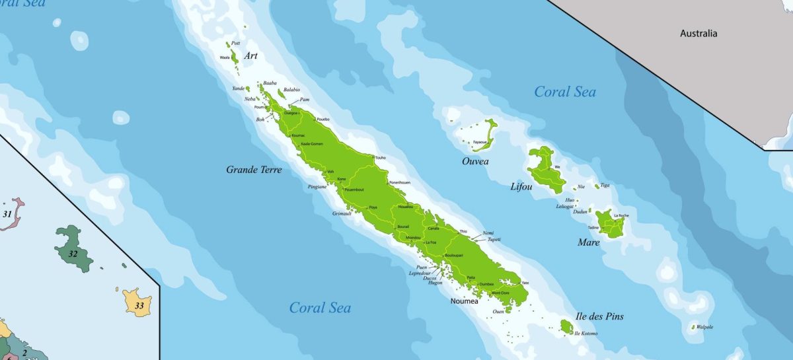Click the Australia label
(699, 34)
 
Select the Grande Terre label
(254, 170)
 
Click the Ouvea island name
(475, 161)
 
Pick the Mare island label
(589, 242)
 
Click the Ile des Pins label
(599, 316)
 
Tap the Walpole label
(704, 327)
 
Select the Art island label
(250, 56)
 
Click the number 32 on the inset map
(73, 254)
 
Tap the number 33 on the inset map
(139, 306)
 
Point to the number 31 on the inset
(7, 214)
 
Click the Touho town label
(380, 158)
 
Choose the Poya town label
(373, 207)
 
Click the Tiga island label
(605, 186)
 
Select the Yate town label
(525, 283)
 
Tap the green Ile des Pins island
(566, 326)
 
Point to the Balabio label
(291, 90)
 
